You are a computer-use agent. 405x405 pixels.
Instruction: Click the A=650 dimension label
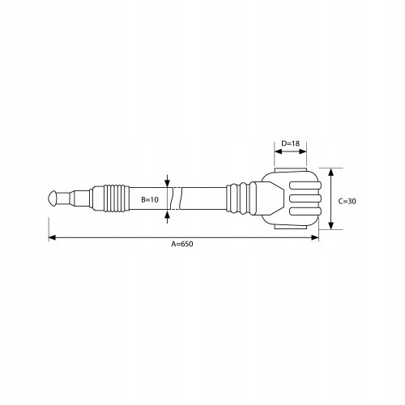point(182,244)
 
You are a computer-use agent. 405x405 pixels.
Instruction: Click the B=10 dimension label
point(150,200)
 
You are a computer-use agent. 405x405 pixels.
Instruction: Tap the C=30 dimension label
point(347,201)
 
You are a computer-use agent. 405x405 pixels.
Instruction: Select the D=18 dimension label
point(291,143)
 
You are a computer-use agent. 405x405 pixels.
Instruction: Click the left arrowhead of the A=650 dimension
point(53,237)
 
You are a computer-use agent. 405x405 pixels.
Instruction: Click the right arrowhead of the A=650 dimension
point(315,237)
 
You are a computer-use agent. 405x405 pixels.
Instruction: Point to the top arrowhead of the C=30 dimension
point(331,172)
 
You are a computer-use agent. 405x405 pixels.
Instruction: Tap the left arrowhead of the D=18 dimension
point(278,151)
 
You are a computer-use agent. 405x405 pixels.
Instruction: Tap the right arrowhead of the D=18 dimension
point(303,151)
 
